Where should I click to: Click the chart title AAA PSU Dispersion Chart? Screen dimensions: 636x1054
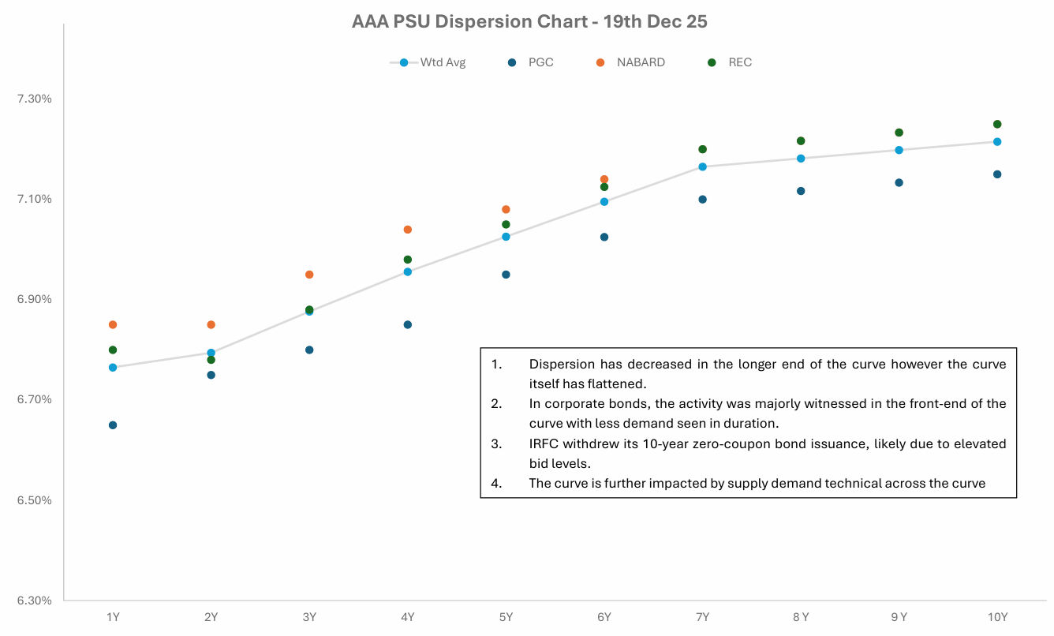pos(529,21)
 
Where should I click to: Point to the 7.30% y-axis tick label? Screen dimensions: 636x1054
pos(35,99)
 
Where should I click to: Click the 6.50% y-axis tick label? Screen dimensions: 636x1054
pos(35,500)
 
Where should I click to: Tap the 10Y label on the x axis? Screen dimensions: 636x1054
pos(997,617)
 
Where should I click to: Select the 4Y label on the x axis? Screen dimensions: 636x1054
pos(408,617)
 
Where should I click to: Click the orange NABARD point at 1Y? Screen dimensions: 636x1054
pos(113,325)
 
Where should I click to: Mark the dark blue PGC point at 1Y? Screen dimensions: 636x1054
pos(113,425)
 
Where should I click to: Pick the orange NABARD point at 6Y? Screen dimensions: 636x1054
pos(604,180)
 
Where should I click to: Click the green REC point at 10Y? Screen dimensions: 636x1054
pos(997,124)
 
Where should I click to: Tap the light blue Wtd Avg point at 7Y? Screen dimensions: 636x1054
pos(702,166)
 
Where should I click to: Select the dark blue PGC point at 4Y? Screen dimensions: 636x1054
pos(408,325)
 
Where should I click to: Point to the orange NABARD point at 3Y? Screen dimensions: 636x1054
pos(309,275)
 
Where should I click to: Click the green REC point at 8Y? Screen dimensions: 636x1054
pos(801,141)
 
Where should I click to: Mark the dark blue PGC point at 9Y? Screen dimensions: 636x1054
pos(899,183)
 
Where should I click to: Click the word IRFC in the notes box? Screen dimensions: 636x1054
pos(544,444)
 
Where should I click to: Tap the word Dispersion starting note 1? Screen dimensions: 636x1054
pos(562,365)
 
